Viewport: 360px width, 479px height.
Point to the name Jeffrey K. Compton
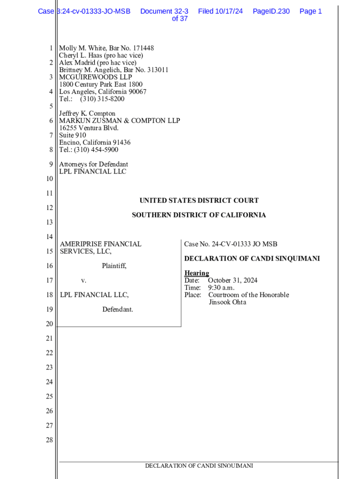[87, 114]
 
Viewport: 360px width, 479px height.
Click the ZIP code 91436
[121, 143]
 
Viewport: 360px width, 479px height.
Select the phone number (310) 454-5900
[97, 150]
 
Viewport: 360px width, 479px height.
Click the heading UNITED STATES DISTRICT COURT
[199, 201]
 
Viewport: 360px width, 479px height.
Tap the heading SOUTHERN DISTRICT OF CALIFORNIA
[199, 215]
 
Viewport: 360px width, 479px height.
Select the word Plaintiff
[114, 266]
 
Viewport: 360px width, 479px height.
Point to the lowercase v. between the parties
[84, 281]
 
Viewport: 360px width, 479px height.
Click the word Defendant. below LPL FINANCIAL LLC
[118, 310]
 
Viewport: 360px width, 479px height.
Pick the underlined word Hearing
[196, 273]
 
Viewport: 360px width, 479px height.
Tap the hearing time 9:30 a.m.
[221, 288]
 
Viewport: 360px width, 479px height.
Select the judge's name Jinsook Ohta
[227, 302]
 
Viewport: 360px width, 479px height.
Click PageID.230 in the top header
[271, 11]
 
